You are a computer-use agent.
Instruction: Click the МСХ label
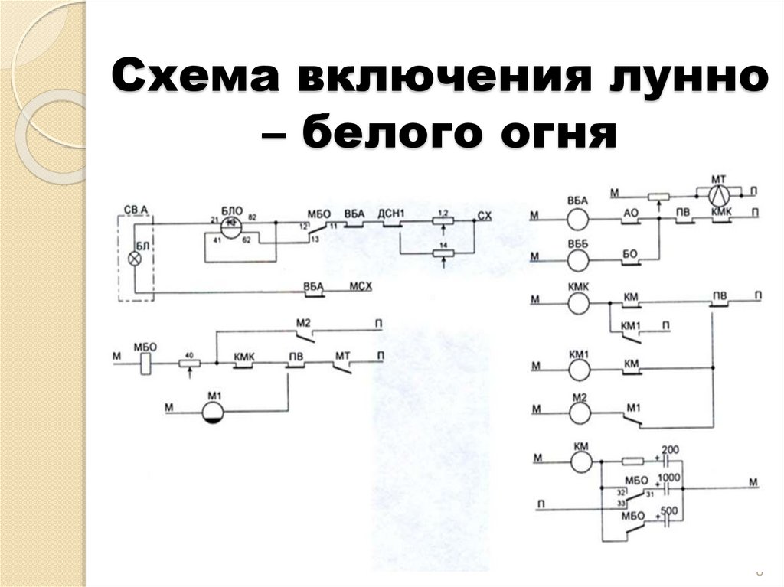tap(361, 285)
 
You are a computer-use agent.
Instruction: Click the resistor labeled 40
tap(188, 364)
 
